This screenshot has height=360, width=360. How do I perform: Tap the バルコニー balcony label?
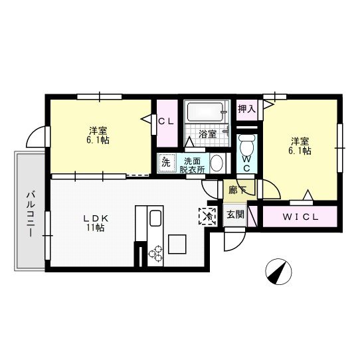coord(30,210)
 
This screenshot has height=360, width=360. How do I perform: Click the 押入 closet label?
coord(246,108)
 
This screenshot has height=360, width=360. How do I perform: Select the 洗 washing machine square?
coord(166,162)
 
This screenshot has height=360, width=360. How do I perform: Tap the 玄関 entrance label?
coord(234,214)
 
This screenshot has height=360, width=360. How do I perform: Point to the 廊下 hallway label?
coord(236,190)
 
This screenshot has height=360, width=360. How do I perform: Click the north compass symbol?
coord(278,270)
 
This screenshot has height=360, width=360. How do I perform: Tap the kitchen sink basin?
coord(155,219)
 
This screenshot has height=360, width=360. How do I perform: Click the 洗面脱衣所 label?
coord(193,165)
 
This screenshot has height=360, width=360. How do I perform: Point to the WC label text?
coord(246,163)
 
